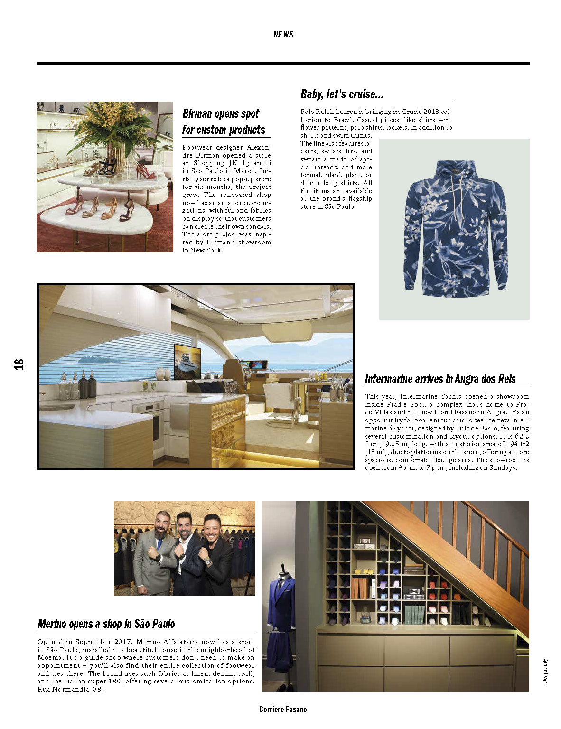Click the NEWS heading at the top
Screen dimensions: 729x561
[x=283, y=34]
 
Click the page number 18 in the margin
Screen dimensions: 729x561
[x=19, y=364]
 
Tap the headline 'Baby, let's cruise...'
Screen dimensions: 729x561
[x=342, y=94]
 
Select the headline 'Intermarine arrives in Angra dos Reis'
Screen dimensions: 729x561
[x=440, y=379]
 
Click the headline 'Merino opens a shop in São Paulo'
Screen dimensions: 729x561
[x=106, y=624]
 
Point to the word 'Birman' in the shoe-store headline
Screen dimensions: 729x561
[x=197, y=114]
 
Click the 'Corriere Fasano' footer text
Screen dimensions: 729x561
[x=283, y=709]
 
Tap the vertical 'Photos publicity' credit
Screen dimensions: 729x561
[x=545, y=673]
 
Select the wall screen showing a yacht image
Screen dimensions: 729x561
[x=187, y=362]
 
